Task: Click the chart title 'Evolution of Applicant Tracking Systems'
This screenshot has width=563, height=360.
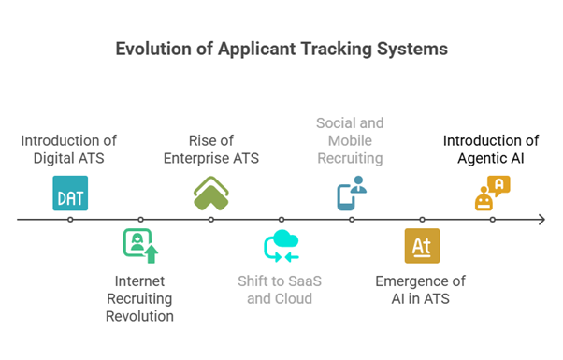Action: [x=281, y=49]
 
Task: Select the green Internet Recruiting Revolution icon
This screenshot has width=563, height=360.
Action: [x=140, y=245]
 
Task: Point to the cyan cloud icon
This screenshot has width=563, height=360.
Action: [x=281, y=245]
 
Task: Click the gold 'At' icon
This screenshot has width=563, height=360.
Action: [x=422, y=245]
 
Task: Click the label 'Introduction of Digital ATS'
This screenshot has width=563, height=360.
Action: [x=70, y=150]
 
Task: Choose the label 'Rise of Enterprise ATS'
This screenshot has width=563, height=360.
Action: [x=211, y=150]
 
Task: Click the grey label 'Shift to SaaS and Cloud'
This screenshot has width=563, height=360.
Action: [x=280, y=290]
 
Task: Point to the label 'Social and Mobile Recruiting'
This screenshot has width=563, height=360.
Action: [x=350, y=140]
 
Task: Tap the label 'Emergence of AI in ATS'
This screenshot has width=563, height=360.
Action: [x=420, y=290]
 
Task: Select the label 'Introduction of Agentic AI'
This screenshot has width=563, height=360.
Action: [x=491, y=150]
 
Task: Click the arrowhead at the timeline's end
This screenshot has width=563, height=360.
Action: [x=541, y=220]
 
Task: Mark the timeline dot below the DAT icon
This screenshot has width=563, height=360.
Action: [x=70, y=220]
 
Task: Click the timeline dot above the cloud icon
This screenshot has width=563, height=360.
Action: [x=281, y=220]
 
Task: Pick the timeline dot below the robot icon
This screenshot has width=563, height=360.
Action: [x=492, y=220]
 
